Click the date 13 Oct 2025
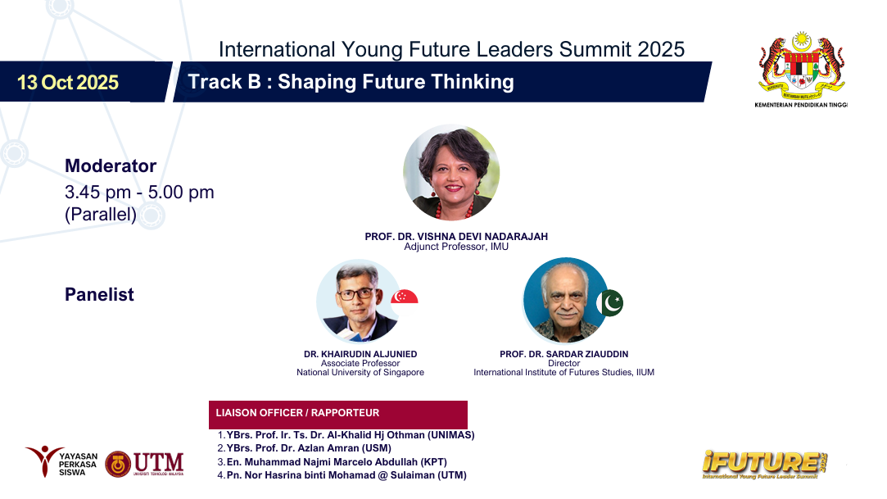(x=68, y=83)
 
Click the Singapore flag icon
(x=405, y=297)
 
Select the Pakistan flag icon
(x=610, y=302)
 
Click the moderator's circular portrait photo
(x=451, y=172)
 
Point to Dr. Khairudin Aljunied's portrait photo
(x=359, y=301)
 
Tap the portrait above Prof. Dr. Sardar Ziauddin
(x=565, y=301)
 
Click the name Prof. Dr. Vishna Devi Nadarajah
(x=456, y=237)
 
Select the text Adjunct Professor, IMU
(x=456, y=247)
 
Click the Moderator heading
(x=111, y=166)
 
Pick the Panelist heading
(x=99, y=294)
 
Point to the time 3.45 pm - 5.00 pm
(x=139, y=193)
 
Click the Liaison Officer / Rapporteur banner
(x=337, y=414)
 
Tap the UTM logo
(x=144, y=464)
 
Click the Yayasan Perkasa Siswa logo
(x=61, y=461)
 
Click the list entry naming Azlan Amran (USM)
(x=305, y=448)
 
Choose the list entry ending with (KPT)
(x=332, y=461)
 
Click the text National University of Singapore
(x=360, y=372)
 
